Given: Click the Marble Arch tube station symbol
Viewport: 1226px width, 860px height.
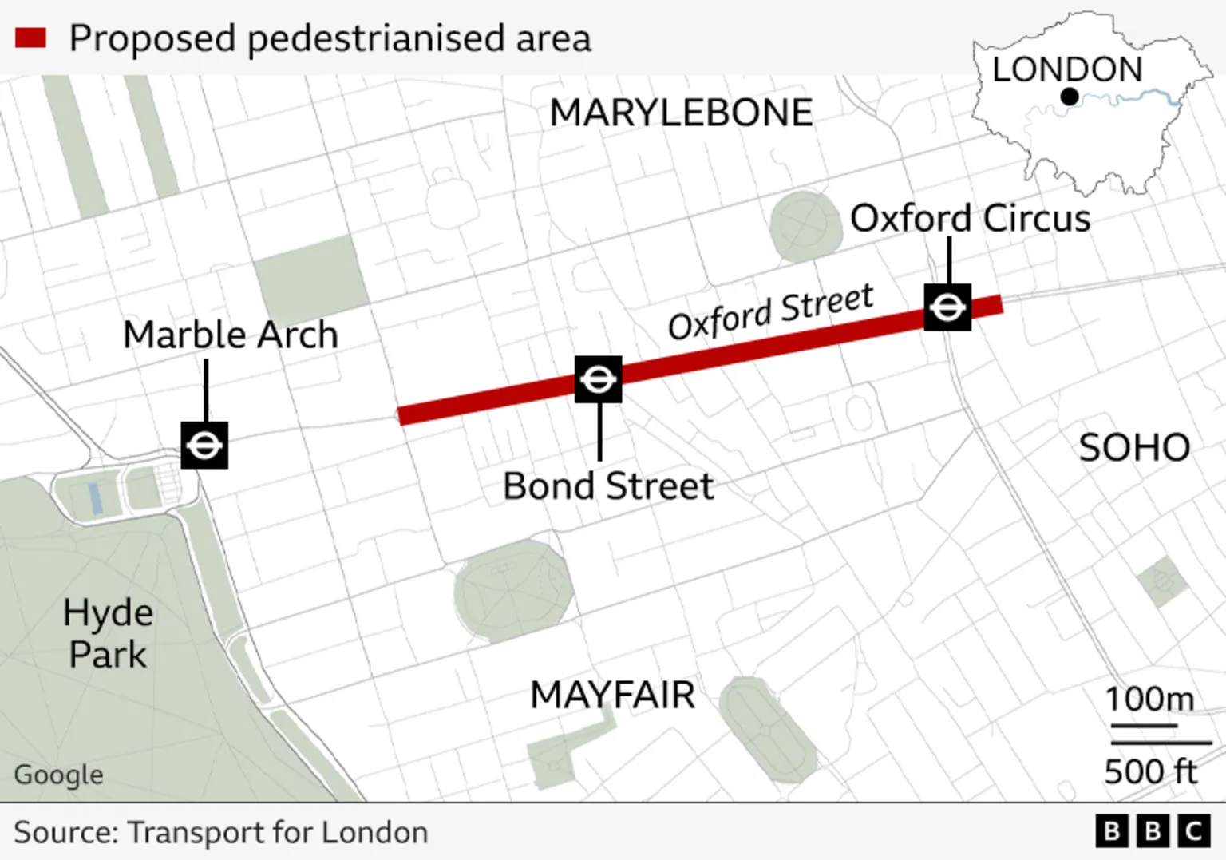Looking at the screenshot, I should [204, 445].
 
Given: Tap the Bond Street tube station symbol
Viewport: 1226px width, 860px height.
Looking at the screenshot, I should [599, 379].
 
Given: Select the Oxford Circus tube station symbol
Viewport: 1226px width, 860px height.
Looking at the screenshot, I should [947, 307].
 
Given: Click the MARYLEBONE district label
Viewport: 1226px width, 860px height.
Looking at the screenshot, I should [681, 113].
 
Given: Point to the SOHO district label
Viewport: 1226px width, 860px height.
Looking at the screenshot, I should [1134, 448].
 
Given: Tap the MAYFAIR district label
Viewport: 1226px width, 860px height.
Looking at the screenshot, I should [612, 695].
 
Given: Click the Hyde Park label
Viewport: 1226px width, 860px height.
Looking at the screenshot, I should [108, 634].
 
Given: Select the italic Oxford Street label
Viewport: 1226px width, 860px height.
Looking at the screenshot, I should [770, 312].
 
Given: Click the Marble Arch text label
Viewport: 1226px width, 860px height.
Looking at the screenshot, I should [231, 335].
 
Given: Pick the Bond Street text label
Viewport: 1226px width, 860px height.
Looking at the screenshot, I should [608, 486].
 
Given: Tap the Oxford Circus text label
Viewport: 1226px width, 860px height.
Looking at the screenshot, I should [970, 218].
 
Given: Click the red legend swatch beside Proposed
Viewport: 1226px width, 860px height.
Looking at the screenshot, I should [30, 38].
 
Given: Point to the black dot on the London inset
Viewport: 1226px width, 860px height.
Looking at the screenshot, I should [1070, 97].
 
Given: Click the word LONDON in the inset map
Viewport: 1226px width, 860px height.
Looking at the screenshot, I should [1067, 69].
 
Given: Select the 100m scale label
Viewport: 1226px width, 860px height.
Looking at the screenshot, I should [1149, 699].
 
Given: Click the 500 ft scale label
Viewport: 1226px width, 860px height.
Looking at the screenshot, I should [1150, 771].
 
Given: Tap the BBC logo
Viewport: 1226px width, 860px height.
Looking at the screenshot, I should [1153, 831].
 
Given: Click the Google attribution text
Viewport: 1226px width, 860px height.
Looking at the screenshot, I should [59, 775].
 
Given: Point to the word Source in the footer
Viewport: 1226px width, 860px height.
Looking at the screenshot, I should [65, 832].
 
